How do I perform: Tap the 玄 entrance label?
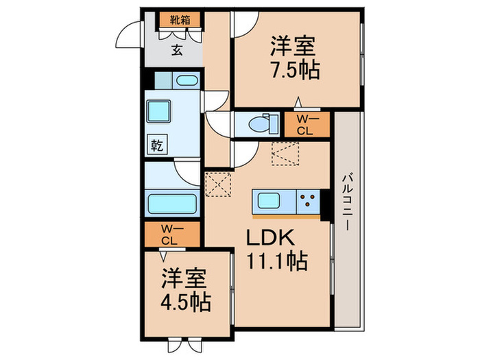coord(176,49)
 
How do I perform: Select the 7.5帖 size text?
coord(295,71)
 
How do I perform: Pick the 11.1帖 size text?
coord(276,261)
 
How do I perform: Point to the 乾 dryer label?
coord(157,145)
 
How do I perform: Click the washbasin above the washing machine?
coord(184,81)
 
